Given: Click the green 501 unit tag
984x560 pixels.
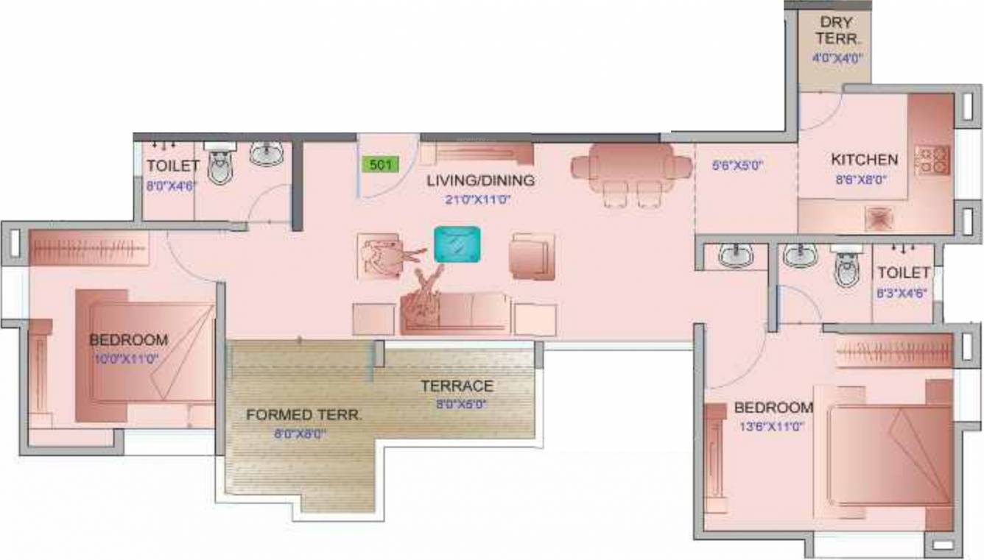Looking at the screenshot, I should coord(379,164).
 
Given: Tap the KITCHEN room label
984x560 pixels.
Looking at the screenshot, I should coord(864,159).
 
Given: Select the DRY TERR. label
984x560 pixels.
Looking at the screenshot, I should coord(835,31).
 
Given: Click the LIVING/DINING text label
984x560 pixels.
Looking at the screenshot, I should coord(480,180).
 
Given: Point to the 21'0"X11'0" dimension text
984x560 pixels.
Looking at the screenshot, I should coord(479,199).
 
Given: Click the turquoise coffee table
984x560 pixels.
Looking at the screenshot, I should coord(457,244).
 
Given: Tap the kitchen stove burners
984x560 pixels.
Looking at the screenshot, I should coord(932,160).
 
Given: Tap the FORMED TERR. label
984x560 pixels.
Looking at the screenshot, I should coord(304,415).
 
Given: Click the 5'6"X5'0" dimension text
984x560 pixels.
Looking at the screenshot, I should coord(737,166).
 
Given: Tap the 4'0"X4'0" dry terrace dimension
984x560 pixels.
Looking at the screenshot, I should coord(837,57).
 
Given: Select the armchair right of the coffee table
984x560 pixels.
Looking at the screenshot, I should coord(532,256).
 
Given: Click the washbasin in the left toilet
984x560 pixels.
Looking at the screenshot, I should coord(265,153).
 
